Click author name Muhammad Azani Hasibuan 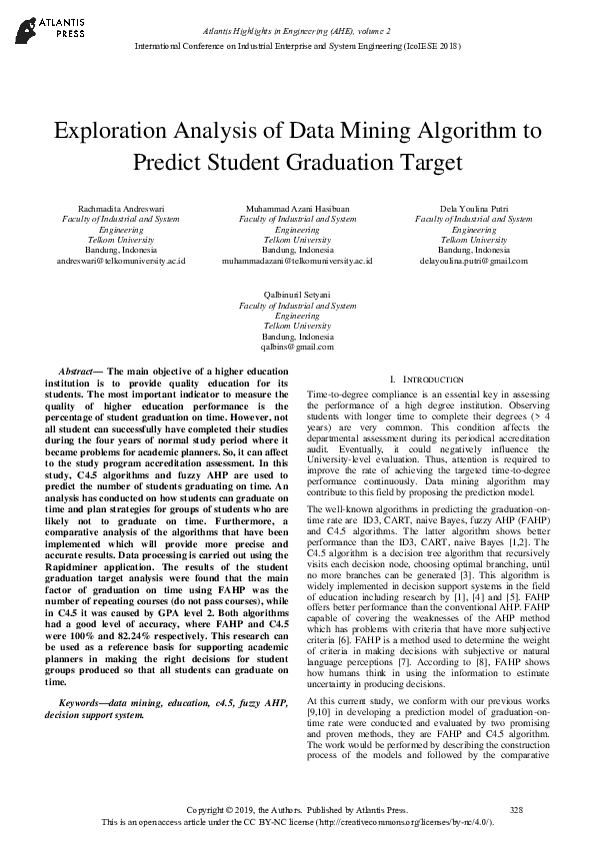[x=297, y=208]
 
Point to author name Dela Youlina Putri [x=473, y=208]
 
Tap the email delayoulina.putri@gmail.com [x=473, y=260]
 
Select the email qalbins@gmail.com [x=297, y=348]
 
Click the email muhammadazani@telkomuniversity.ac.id [x=297, y=260]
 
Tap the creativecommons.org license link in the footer [x=403, y=822]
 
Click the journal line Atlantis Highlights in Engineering [x=296, y=33]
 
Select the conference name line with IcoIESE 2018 [x=297, y=47]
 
